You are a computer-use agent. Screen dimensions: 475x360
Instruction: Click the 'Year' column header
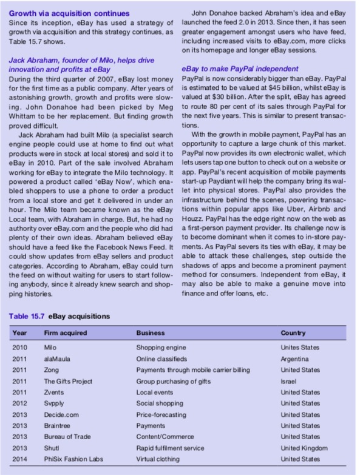click(20, 333)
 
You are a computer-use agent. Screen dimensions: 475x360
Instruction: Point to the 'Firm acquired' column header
click(65, 333)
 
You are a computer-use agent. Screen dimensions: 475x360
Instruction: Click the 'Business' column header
click(150, 333)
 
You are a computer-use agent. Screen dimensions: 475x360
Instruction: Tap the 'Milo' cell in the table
click(50, 347)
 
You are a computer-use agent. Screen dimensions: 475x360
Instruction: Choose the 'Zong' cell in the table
click(51, 369)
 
